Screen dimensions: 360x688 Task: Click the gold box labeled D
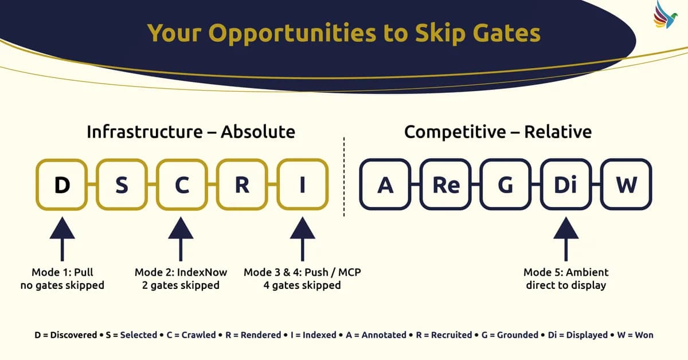pos(61,185)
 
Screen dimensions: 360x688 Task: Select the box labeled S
pos(122,185)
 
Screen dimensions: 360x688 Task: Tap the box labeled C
pos(182,185)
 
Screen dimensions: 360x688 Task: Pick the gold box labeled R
pos(242,185)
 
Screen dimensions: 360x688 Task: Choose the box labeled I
pos(302,185)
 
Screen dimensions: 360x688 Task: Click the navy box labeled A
pos(385,185)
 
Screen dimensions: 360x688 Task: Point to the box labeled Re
pos(445,185)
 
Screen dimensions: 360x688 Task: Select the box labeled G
pos(506,185)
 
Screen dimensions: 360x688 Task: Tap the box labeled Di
pos(566,185)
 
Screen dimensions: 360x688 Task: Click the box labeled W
pos(626,185)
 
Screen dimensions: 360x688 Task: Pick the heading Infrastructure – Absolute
pos(191,132)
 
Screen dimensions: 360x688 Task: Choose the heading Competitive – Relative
pos(498,132)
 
